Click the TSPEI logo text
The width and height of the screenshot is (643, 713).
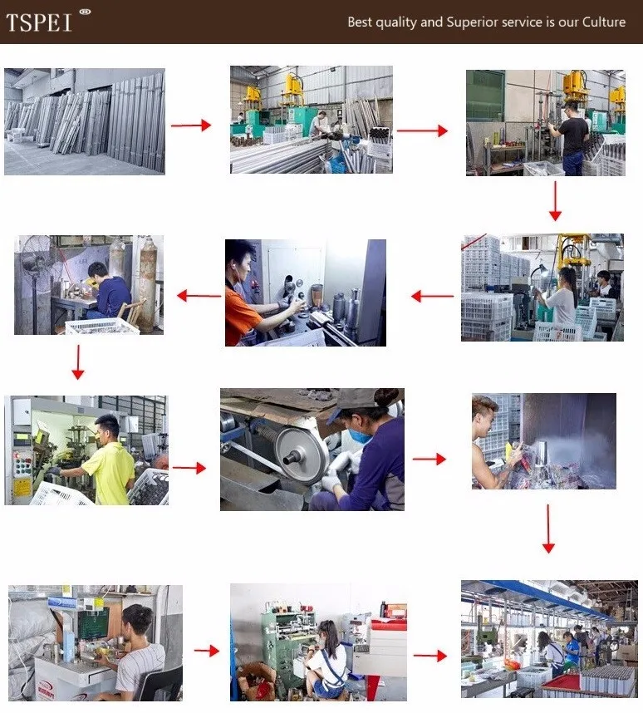tap(39, 22)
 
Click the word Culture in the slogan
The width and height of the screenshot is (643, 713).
tap(604, 22)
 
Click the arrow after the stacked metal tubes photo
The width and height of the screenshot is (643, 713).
tap(191, 125)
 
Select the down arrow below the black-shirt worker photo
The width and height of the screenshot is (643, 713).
tap(555, 200)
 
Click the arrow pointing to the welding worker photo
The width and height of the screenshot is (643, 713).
tap(199, 296)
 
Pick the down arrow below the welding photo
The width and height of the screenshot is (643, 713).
tap(78, 362)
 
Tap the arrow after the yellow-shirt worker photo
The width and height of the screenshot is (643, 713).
tap(189, 468)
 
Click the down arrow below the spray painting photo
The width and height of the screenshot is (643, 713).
tap(548, 529)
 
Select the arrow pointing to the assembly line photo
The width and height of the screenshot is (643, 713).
tap(429, 656)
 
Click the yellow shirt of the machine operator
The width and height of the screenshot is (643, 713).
tap(110, 473)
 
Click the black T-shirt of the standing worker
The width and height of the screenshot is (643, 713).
tap(574, 136)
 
